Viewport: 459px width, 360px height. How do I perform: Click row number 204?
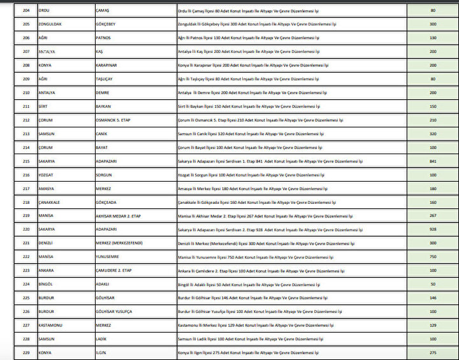tap(26, 10)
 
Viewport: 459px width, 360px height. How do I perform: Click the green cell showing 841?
tap(433, 161)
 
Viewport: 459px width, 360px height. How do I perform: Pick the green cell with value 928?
tap(433, 229)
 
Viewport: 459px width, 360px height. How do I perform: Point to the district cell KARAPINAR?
tap(107, 65)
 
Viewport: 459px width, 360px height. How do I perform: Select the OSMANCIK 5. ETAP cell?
tap(113, 120)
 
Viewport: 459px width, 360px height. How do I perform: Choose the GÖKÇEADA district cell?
tap(106, 202)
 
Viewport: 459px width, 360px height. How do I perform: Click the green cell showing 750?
tap(433, 256)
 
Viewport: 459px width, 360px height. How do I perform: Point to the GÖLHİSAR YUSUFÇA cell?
tap(113, 311)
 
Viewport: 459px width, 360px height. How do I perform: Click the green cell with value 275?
tap(433, 352)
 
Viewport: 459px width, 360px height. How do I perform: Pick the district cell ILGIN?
tap(101, 352)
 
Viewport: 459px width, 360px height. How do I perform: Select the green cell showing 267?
tap(433, 215)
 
